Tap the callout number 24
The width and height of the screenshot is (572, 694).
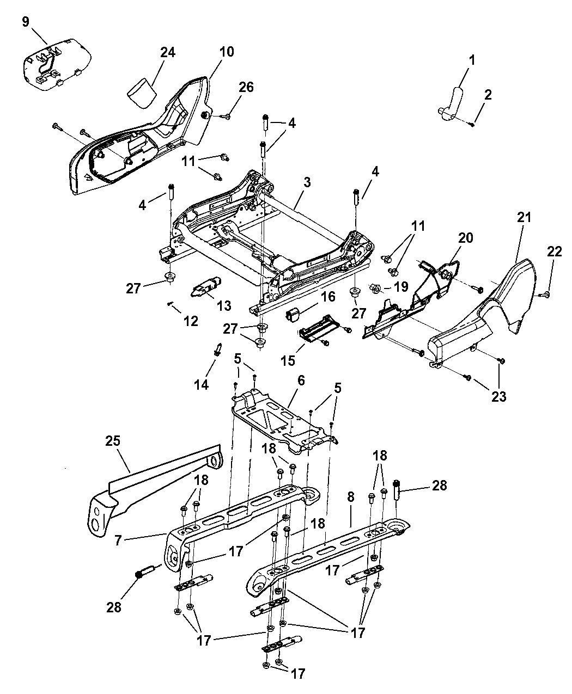168,53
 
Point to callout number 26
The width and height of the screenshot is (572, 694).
246,87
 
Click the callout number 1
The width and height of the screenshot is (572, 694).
472,60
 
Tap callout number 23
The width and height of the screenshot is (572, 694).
499,397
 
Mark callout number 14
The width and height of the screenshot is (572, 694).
201,385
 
